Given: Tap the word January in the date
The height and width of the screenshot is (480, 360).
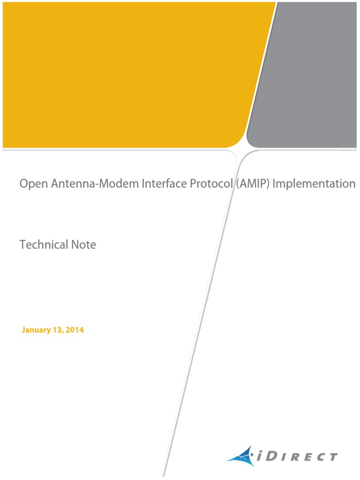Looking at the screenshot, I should click(x=36, y=330).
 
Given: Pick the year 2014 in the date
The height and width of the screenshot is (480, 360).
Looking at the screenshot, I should click(x=75, y=330).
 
